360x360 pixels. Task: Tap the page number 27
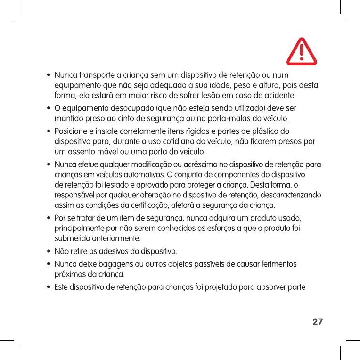[x=318, y=322]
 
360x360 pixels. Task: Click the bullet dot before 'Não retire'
[x=49, y=250]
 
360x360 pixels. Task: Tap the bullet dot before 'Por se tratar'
[x=49, y=219]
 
